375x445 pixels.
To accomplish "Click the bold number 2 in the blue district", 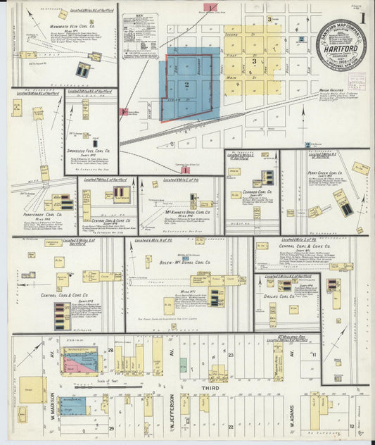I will tap(186, 84).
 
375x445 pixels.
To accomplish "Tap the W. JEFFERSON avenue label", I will tap(171, 411).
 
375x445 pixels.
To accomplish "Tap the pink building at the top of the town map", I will tap(211, 7).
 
